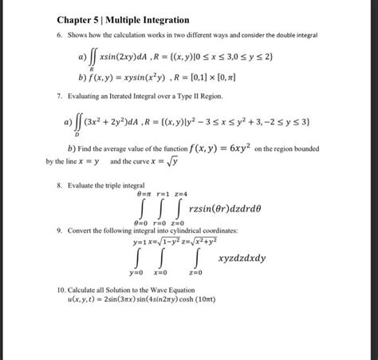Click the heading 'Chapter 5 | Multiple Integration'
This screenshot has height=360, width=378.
pyautogui.click(x=123, y=19)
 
